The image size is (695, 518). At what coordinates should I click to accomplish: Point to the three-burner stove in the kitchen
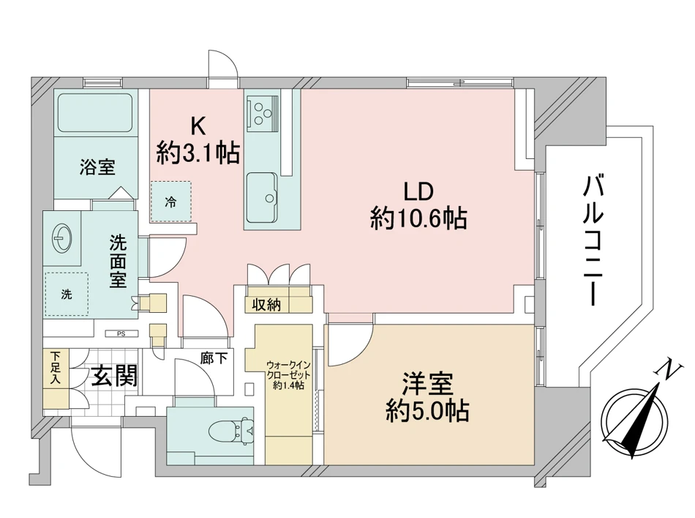click(263, 111)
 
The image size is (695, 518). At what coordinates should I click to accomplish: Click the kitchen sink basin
click(262, 198)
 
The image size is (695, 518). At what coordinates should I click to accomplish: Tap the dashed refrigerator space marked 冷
click(171, 201)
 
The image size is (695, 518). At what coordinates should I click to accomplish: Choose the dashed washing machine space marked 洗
click(67, 294)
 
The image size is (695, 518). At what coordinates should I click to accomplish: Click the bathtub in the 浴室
click(96, 112)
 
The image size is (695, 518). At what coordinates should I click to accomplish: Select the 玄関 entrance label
click(114, 377)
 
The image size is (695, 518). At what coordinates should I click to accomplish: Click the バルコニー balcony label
click(593, 240)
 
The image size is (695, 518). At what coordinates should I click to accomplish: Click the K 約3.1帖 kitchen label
click(198, 141)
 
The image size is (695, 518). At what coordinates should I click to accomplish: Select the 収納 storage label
click(266, 305)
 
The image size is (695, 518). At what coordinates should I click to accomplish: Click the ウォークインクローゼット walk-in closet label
click(288, 375)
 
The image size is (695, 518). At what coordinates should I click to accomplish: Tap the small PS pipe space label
click(121, 334)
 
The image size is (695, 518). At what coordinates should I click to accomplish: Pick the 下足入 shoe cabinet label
click(56, 368)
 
